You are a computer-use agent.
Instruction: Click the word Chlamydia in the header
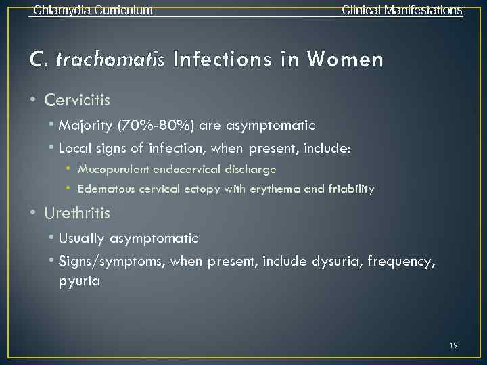58,10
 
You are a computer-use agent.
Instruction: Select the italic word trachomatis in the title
110,59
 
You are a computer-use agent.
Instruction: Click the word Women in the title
344,59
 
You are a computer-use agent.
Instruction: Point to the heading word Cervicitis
77,100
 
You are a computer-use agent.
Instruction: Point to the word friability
350,189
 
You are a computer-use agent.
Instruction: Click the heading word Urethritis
77,213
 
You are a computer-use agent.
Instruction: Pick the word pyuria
79,281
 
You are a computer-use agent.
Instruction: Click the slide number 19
453,346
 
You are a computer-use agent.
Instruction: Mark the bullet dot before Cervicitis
33,100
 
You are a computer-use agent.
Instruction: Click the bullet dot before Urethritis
33,213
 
